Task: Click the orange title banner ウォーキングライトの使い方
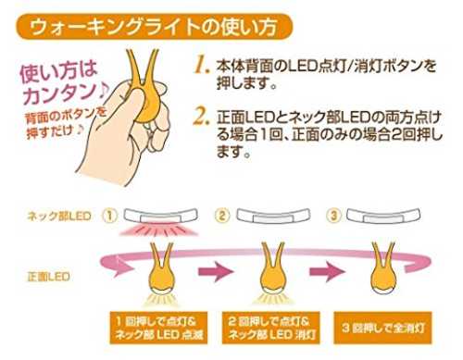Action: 154,26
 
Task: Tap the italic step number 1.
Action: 202,66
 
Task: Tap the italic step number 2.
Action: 201,117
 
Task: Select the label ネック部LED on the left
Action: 59,216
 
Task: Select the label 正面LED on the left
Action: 48,277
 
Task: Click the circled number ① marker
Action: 110,216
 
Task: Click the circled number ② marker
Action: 222,216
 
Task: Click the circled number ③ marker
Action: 333,216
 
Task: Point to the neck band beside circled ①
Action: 160,215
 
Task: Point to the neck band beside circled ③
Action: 383,215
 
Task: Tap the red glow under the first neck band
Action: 160,230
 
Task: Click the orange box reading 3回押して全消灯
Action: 382,328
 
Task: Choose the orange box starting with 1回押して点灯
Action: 158,328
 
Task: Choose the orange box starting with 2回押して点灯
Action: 271,328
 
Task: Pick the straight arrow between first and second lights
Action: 216,272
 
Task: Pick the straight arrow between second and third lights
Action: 328,272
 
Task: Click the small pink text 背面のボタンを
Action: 66,117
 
